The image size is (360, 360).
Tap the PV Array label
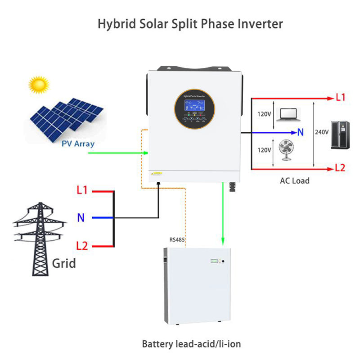tap(78, 144)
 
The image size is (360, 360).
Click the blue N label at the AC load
tap(301, 133)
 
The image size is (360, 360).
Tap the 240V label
tap(322, 133)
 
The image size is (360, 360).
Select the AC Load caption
tap(294, 181)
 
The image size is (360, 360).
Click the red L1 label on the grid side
tap(82, 190)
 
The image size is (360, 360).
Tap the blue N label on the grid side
tap(81, 218)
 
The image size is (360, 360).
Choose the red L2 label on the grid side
tap(82, 246)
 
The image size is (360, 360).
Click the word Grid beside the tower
tap(63, 262)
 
